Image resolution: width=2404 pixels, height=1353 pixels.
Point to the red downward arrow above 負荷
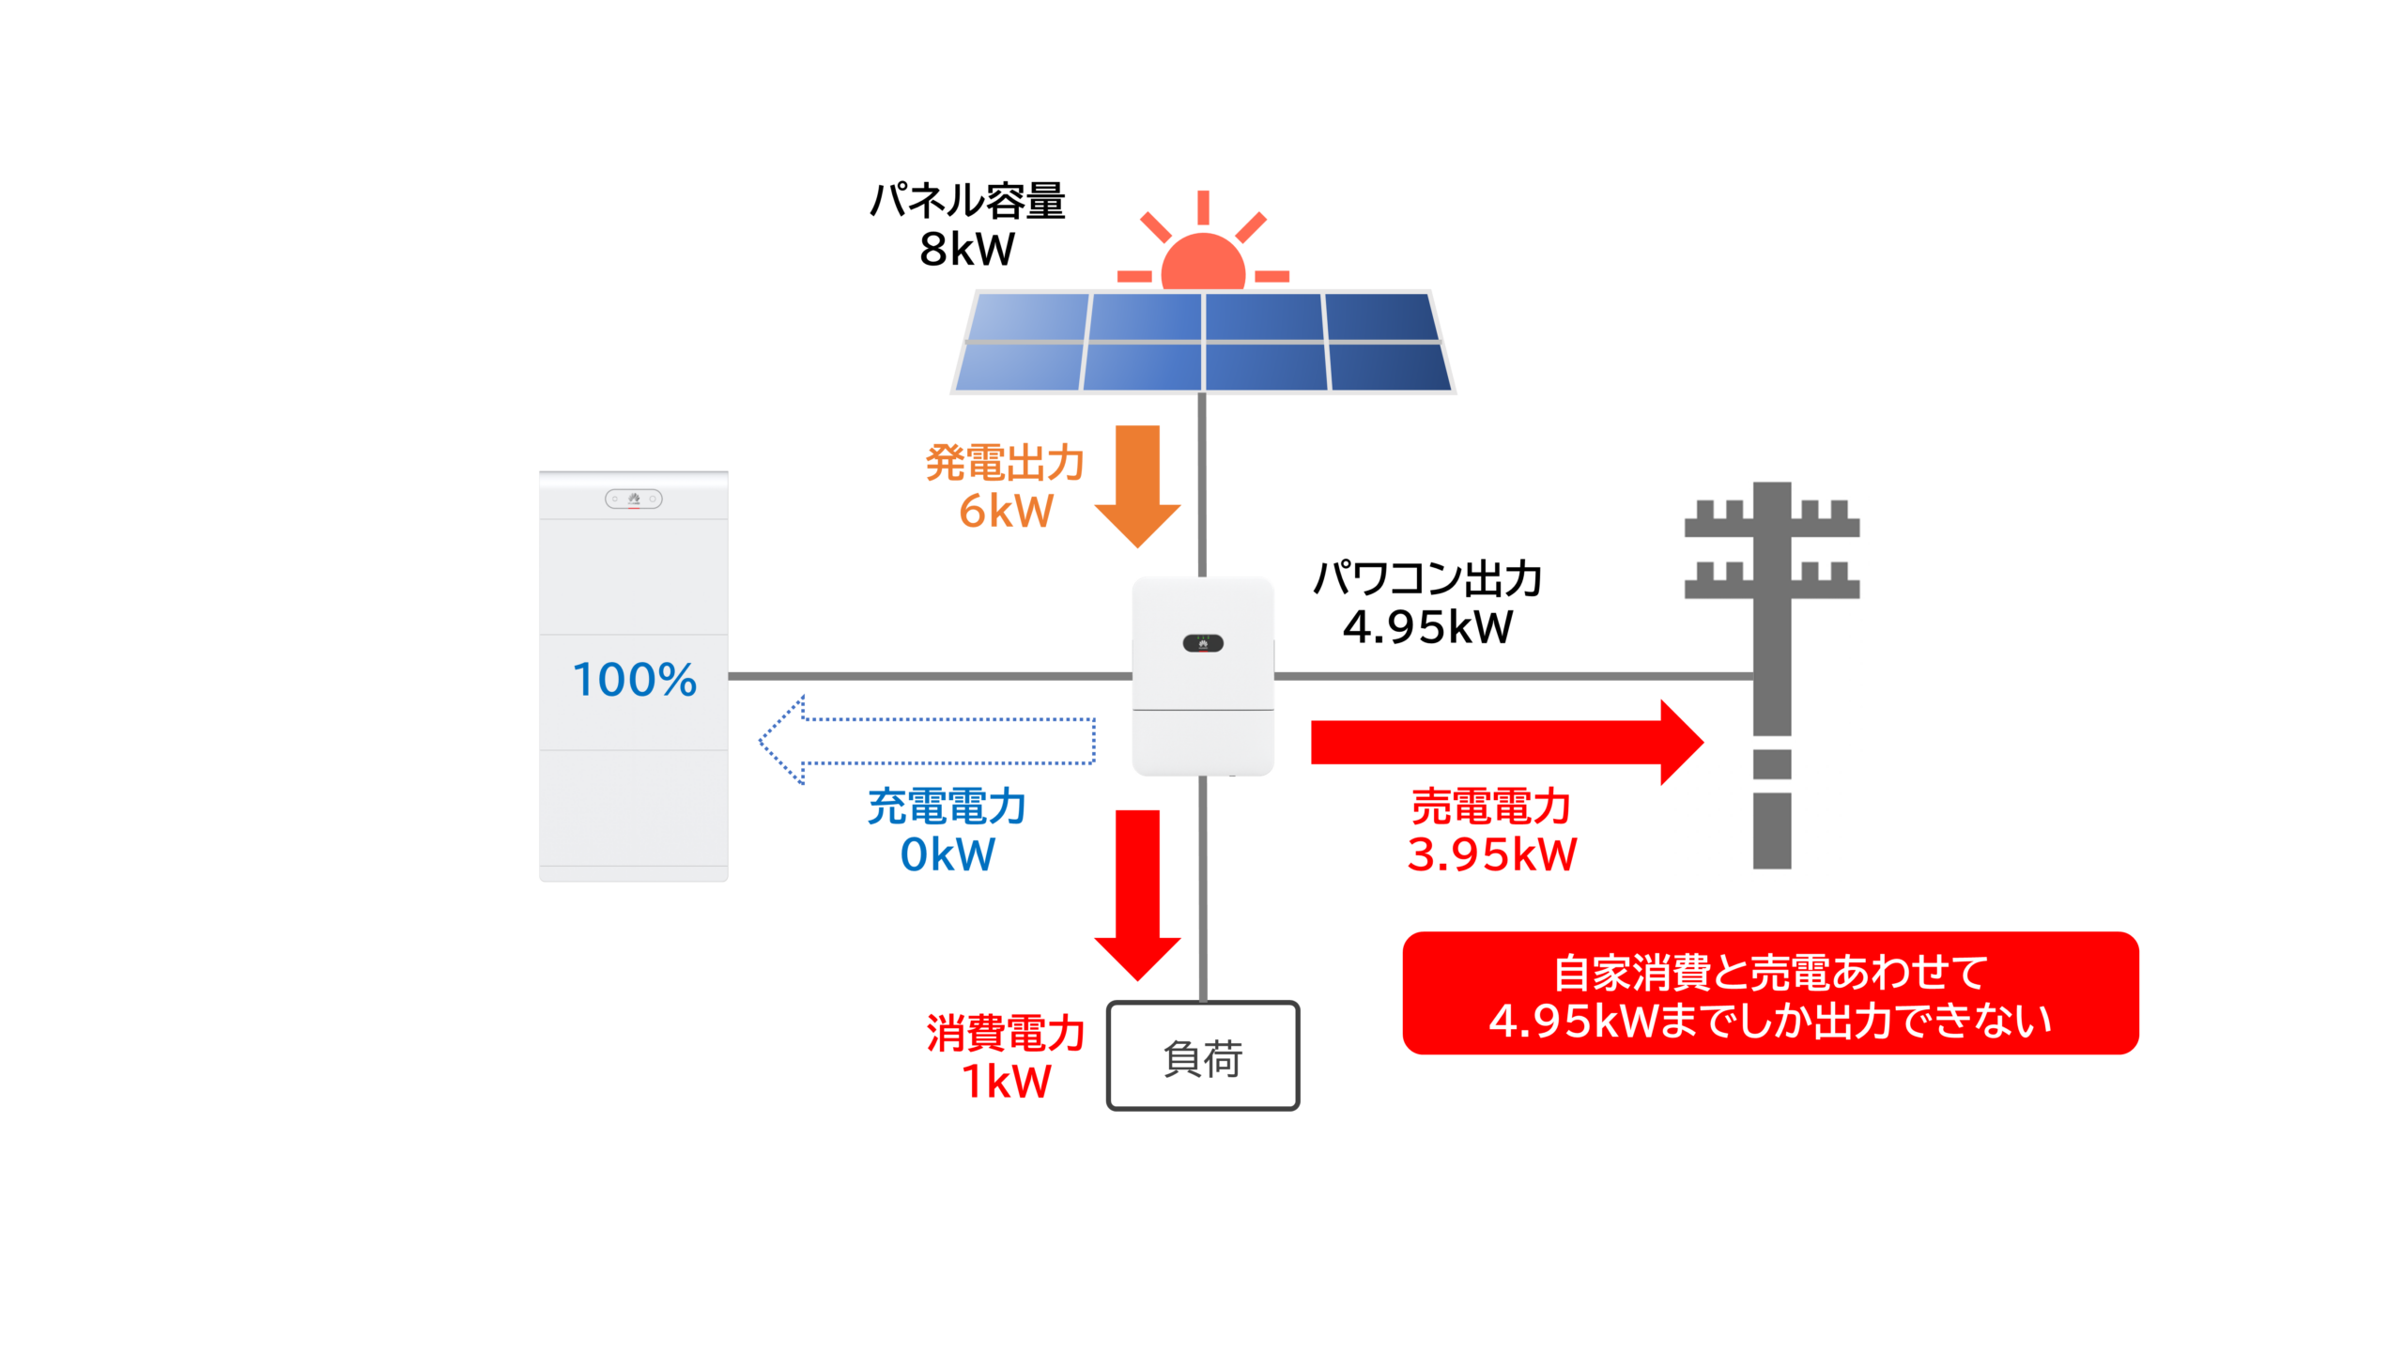point(1137,892)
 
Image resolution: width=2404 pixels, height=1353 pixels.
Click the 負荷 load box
point(1202,1056)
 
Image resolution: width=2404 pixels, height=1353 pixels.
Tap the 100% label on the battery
point(635,680)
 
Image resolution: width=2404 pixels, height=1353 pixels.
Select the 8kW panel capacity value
point(967,250)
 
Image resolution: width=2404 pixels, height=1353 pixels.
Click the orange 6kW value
point(1006,512)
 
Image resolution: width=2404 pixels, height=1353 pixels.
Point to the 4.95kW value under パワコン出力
point(1427,627)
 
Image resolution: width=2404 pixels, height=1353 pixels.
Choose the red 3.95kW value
point(1491,854)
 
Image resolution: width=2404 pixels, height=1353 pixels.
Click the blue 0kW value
point(948,854)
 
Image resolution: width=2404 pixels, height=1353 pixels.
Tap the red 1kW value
point(1006,1082)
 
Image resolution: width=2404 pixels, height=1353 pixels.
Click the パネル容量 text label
point(967,201)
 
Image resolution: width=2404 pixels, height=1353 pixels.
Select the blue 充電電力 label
point(948,807)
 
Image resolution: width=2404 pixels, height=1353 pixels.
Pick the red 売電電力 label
point(1491,807)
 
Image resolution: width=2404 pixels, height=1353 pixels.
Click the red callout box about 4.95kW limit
point(1769,993)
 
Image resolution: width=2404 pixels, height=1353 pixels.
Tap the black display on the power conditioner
point(1203,643)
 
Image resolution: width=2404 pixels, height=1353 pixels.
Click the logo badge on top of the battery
point(634,499)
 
